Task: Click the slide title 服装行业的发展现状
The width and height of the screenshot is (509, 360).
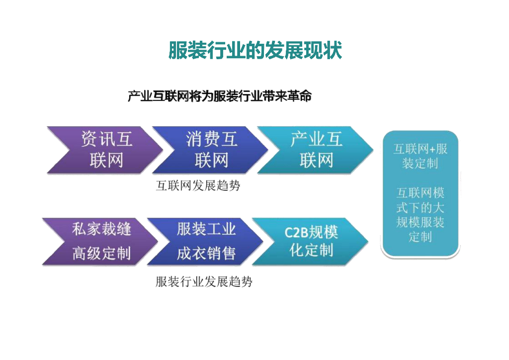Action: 254,50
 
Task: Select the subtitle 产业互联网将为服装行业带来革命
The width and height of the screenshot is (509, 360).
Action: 219,96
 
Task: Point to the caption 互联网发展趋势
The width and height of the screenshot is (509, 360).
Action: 198,186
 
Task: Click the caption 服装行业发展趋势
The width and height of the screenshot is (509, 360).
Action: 204,282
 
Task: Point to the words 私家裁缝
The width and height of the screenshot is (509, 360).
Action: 101,229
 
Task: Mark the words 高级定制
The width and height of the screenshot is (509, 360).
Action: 101,254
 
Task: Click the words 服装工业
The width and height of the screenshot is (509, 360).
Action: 206,229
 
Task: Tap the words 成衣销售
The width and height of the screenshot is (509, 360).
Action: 206,254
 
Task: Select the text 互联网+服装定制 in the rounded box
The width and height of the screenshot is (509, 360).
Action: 420,156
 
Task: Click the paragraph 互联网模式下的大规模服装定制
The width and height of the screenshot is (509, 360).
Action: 420,214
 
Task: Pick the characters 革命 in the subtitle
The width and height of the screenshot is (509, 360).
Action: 299,96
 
